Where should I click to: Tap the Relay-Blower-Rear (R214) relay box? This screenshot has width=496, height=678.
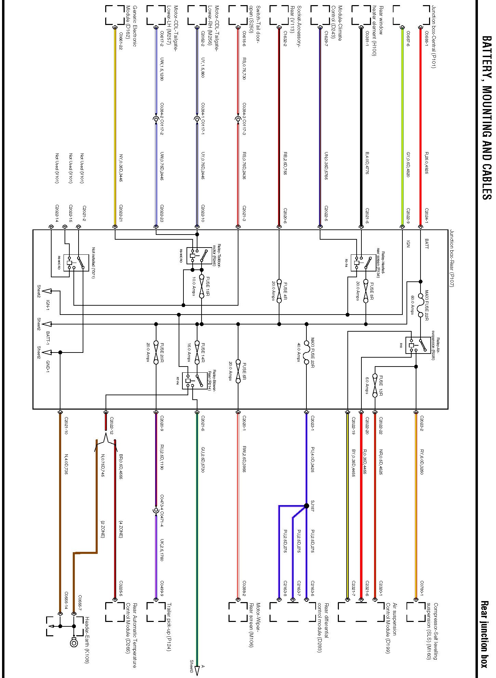pyautogui.click(x=195, y=381)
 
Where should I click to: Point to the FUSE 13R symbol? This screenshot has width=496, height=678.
pyautogui.click(x=375, y=385)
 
